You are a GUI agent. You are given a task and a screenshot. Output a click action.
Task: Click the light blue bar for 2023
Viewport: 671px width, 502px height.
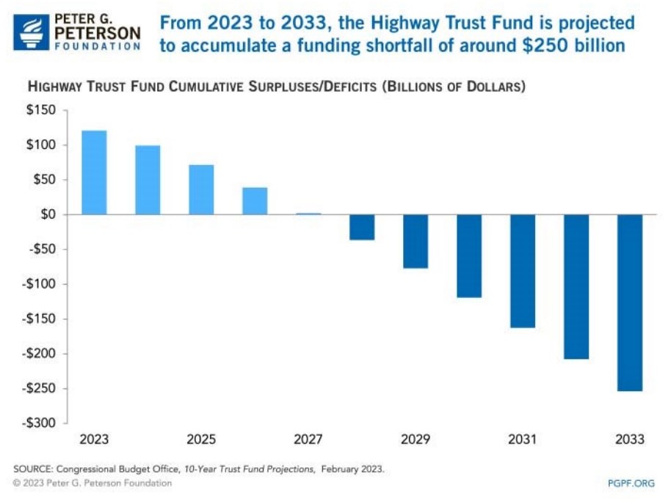pos(94,172)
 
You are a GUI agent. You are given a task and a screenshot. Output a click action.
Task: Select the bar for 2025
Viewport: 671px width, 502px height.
pos(201,189)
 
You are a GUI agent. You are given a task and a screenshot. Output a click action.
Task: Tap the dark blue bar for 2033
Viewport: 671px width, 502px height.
pos(630,302)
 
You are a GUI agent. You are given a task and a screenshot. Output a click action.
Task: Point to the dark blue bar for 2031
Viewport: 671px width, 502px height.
pos(523,271)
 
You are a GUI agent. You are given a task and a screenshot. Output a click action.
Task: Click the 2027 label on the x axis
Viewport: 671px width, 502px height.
pos(308,440)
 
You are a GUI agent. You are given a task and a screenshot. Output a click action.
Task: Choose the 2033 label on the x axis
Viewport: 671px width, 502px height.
pos(630,440)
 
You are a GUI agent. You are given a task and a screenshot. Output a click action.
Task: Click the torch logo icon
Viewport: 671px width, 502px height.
pos(30,31)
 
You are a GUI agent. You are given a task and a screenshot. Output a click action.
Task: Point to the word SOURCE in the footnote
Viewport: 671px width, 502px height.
pos(32,468)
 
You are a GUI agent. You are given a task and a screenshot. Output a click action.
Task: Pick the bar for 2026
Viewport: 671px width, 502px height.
pos(255,201)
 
